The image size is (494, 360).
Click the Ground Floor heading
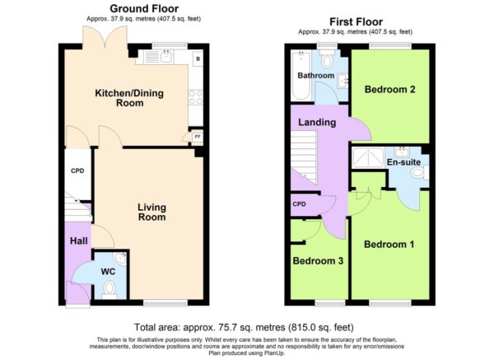tap(144, 8)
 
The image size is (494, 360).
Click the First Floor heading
tap(356, 21)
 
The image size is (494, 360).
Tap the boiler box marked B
tap(198, 58)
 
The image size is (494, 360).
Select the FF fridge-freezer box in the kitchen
tap(198, 137)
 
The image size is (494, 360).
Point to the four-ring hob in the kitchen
tap(195, 96)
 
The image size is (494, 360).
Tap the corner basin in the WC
tap(121, 258)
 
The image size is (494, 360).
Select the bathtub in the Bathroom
tap(301, 75)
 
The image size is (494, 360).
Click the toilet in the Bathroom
tap(328, 58)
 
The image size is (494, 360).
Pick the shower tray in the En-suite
tap(368, 157)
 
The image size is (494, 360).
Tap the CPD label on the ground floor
tap(77, 171)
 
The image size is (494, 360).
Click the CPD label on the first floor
tap(299, 204)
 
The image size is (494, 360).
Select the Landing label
tap(317, 122)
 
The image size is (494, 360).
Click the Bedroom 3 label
tap(318, 260)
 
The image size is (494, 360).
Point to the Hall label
tap(79, 241)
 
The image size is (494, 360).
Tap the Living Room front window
tap(165, 303)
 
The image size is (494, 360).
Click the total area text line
tap(244, 327)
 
